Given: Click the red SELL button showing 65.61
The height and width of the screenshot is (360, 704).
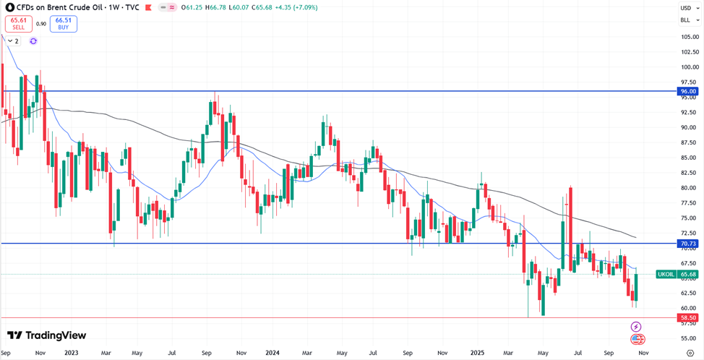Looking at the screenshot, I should click(x=18, y=24).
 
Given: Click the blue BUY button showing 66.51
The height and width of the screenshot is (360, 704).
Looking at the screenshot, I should click(x=64, y=24).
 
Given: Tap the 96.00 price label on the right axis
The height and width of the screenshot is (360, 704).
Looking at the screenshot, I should click(x=687, y=92).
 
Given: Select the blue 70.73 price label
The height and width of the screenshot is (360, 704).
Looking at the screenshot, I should click(x=687, y=244).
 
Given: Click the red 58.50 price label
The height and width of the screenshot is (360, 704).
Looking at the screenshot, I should click(x=687, y=317).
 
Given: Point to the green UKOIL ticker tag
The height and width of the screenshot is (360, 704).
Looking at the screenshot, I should click(x=666, y=275).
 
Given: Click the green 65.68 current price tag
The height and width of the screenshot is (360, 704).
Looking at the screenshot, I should click(x=688, y=275).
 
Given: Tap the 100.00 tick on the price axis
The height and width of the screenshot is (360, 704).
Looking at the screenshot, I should click(x=689, y=67).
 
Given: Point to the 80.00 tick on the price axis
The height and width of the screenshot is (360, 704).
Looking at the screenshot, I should click(x=688, y=188).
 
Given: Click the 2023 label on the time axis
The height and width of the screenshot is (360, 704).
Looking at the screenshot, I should click(x=71, y=353).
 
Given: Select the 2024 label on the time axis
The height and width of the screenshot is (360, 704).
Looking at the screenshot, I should click(x=272, y=353).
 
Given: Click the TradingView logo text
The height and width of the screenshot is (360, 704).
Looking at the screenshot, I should click(x=48, y=335).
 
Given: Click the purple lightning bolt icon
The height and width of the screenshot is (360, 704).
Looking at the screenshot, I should click(x=636, y=327).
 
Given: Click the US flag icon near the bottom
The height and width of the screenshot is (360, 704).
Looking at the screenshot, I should click(x=638, y=339).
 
